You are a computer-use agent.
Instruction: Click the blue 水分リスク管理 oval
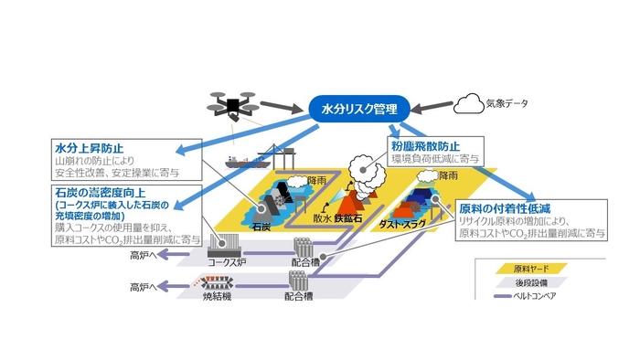pyautogui.click(x=359, y=110)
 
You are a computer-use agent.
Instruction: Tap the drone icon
pyautogui.click(x=230, y=105)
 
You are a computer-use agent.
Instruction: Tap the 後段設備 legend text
pyautogui.click(x=549, y=283)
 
